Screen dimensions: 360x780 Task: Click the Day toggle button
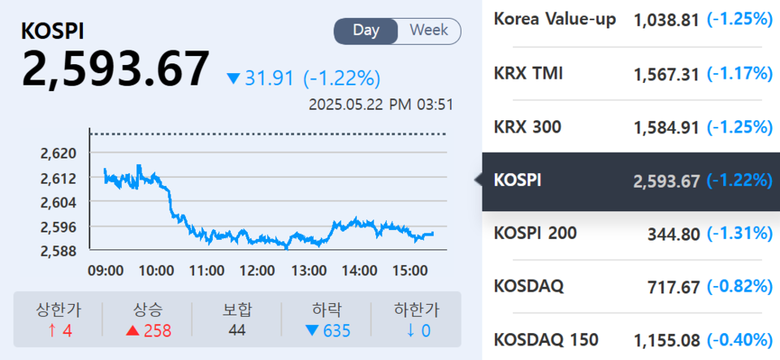point(366,31)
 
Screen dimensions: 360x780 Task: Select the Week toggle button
point(429,31)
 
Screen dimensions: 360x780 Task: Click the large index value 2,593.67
point(116,69)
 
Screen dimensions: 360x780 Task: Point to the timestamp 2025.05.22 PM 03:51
point(381,105)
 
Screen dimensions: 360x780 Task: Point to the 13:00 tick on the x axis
point(310,270)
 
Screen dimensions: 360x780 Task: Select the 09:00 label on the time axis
point(106,270)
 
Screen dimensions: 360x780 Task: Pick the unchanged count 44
point(237,330)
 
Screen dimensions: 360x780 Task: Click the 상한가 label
point(58,310)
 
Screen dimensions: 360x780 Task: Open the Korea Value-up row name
point(555,19)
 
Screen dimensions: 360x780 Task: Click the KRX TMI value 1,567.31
point(666,74)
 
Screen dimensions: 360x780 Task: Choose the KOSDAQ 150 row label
point(546,339)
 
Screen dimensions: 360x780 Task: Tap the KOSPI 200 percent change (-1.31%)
point(739,233)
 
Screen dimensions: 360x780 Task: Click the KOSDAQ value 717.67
point(674,287)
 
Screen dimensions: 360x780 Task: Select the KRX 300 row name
point(527,128)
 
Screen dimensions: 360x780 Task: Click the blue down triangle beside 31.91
point(234,79)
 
